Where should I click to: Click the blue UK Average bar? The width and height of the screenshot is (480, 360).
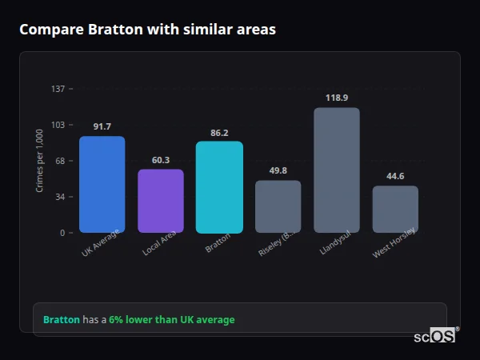(x=102, y=185)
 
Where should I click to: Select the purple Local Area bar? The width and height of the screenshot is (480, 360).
(x=161, y=201)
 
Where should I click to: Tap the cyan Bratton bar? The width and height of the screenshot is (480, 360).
(x=219, y=187)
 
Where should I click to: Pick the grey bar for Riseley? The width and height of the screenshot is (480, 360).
(x=278, y=206)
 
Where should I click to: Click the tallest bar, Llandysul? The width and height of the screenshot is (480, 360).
(x=337, y=170)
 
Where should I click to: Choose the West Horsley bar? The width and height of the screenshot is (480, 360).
(x=395, y=209)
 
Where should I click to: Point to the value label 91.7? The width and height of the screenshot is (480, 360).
(x=102, y=126)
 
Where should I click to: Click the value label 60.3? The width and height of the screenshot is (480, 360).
(x=161, y=160)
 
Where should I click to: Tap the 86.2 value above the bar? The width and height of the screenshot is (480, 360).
(x=219, y=133)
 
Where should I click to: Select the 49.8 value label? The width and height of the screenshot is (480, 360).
(x=278, y=170)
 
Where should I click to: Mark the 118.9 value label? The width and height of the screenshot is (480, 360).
(x=337, y=98)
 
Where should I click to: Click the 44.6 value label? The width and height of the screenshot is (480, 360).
(x=395, y=176)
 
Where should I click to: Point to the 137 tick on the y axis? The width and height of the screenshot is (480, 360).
(x=58, y=89)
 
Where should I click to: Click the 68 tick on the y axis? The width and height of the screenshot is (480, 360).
(x=60, y=161)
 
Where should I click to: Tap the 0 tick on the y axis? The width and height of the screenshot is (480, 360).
(x=62, y=233)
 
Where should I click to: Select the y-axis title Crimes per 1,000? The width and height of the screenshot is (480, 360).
(x=40, y=161)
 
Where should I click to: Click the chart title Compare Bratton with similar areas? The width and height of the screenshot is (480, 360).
(x=147, y=30)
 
